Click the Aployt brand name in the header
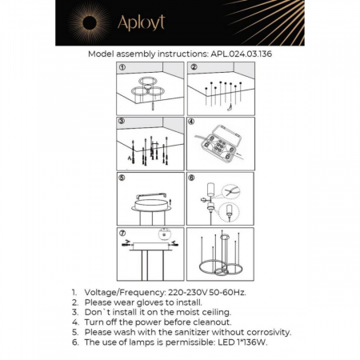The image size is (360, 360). (141, 22)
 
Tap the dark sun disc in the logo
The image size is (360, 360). (90, 22)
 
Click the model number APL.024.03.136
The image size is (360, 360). (242, 54)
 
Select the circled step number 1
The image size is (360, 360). (122, 67)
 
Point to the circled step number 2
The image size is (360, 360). (194, 67)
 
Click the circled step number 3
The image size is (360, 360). (122, 121)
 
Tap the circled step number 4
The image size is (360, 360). (191, 122)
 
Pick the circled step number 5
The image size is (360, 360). (122, 178)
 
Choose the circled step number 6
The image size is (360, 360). (191, 178)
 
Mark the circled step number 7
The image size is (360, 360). (122, 233)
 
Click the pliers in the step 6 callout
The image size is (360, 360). (230, 191)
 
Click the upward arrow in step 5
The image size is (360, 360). (170, 202)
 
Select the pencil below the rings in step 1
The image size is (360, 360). (153, 106)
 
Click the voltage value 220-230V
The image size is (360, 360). (187, 292)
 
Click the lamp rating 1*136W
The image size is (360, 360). (252, 342)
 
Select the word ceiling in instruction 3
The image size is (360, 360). (216, 312)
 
